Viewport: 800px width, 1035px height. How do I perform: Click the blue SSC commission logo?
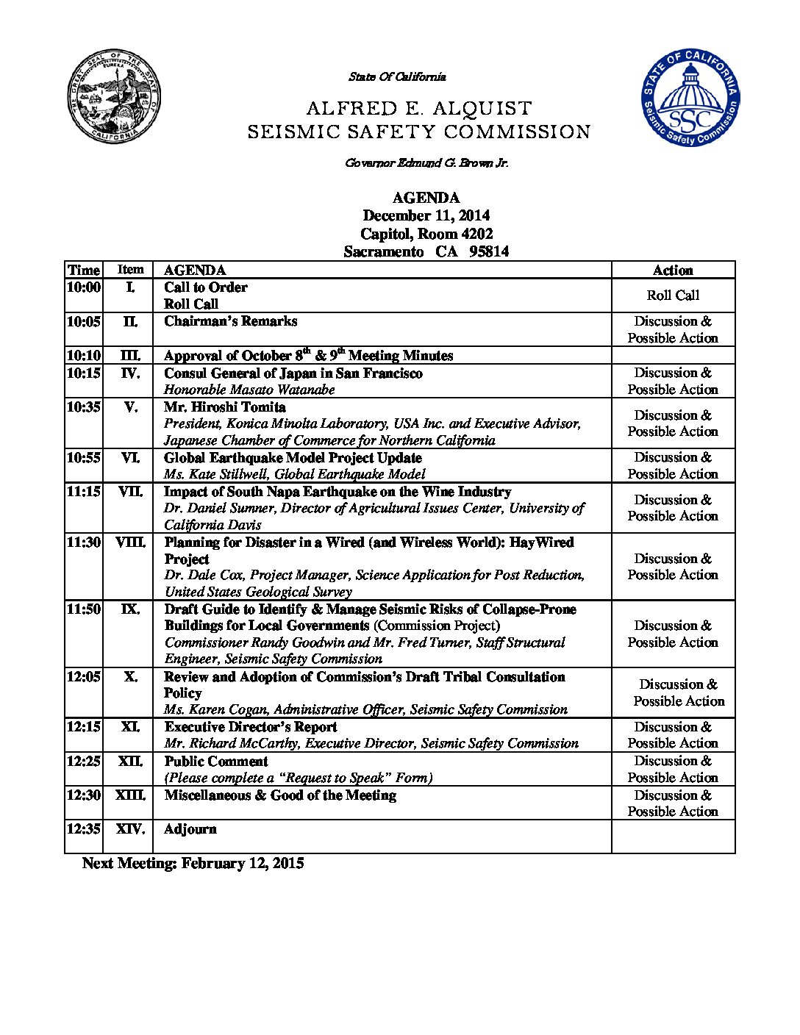pyautogui.click(x=690, y=99)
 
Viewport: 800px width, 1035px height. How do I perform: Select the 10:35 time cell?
pyautogui.click(x=83, y=407)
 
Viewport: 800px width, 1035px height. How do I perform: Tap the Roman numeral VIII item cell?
pyautogui.click(x=130, y=542)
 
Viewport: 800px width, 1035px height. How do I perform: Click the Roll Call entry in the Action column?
pyautogui.click(x=673, y=296)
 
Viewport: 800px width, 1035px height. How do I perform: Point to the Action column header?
pyautogui.click(x=673, y=271)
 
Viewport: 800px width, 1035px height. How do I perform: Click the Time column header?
pyautogui.click(x=83, y=271)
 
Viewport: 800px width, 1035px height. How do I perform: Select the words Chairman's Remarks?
pyautogui.click(x=230, y=321)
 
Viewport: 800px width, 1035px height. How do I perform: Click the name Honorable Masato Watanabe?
pyautogui.click(x=249, y=390)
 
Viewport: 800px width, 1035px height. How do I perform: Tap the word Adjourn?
pyautogui.click(x=190, y=829)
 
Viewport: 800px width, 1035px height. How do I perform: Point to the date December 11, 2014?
pyautogui.click(x=426, y=215)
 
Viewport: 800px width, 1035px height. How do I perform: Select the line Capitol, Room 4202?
pyautogui.click(x=426, y=234)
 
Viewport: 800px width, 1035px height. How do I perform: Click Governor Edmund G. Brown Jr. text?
pyautogui.click(x=426, y=163)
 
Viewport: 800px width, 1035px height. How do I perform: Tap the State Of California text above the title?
pyautogui.click(x=397, y=76)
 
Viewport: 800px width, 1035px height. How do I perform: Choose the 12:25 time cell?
pyautogui.click(x=83, y=762)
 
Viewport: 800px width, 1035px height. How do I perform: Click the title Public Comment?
pyautogui.click(x=215, y=762)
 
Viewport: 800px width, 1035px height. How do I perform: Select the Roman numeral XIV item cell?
pyautogui.click(x=130, y=829)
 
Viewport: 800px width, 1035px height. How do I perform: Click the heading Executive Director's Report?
pyautogui.click(x=250, y=727)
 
